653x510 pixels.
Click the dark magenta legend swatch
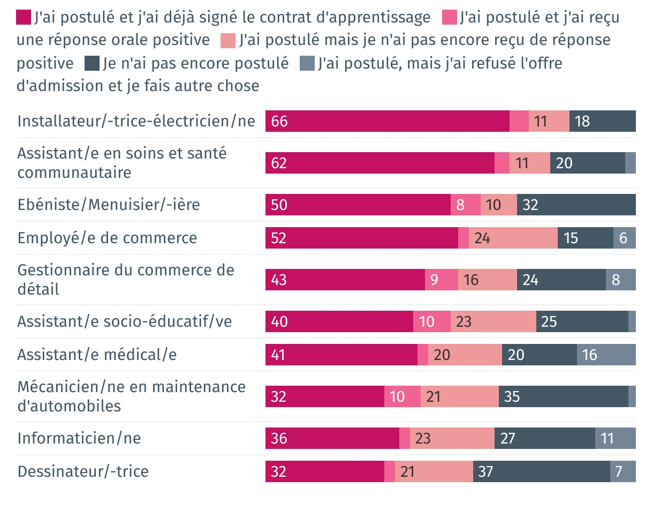[24, 18]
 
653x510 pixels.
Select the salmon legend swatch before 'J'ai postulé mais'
[227, 40]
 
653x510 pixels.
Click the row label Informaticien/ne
[79, 438]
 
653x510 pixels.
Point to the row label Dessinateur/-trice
[83, 471]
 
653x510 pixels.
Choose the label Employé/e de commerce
[107, 238]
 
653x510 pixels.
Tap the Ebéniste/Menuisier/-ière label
[109, 205]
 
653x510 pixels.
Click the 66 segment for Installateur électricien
[387, 121]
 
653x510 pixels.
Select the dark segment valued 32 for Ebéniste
[576, 205]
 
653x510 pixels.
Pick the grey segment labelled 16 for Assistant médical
[606, 355]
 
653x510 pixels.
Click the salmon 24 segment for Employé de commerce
[513, 238]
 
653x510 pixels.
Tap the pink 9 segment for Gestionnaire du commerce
[441, 280]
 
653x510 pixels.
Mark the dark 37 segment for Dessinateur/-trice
[541, 471]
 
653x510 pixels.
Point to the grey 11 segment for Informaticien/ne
[615, 438]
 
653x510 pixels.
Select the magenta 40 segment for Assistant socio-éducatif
[339, 321]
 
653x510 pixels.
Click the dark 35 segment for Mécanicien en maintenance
[563, 396]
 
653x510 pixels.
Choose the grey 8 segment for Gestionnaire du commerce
[620, 280]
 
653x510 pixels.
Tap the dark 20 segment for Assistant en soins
[587, 163]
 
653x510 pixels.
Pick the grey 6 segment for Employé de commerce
[624, 238]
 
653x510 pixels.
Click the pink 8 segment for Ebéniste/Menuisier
[465, 205]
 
